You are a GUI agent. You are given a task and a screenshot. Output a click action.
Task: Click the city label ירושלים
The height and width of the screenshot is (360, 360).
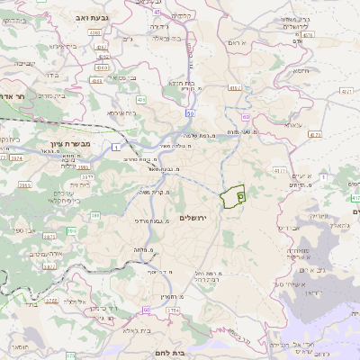pos(193,219)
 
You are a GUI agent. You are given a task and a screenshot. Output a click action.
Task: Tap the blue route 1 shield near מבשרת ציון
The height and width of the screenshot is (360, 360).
pos(115,148)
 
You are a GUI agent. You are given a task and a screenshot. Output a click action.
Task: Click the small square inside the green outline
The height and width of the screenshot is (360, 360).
pos(239,193)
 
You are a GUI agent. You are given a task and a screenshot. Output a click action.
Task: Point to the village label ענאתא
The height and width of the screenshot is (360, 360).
pos(292,124)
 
